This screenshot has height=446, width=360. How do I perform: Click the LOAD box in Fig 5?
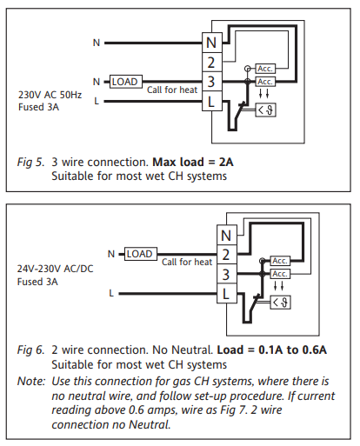(126, 82)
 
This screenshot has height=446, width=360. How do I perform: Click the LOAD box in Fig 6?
(141, 254)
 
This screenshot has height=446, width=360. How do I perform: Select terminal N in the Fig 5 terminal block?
(212, 43)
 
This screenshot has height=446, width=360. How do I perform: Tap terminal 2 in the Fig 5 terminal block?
(212, 63)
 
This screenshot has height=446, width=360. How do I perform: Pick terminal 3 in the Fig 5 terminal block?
(212, 82)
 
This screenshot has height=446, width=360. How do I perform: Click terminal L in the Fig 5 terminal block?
(212, 101)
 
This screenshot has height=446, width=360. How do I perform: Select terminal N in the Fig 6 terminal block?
(227, 235)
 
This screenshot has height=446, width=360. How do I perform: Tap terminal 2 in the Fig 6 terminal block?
(227, 255)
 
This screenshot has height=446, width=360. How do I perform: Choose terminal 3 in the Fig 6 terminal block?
(227, 274)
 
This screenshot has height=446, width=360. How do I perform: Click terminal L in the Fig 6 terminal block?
(227, 294)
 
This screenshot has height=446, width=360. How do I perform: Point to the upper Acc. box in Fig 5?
(265, 69)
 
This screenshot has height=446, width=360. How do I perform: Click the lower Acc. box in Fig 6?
(280, 274)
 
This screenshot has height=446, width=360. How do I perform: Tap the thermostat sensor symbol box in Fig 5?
(265, 110)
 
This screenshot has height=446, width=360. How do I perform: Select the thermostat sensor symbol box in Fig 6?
(280, 303)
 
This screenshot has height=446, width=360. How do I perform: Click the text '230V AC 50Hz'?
(50, 95)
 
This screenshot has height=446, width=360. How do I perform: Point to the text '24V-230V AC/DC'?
(55, 269)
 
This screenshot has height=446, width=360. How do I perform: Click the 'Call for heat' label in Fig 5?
(172, 90)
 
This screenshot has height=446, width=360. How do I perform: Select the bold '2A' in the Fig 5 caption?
(226, 162)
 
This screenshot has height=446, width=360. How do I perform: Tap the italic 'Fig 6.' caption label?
(30, 350)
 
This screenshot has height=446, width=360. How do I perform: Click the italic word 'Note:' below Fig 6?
(31, 381)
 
